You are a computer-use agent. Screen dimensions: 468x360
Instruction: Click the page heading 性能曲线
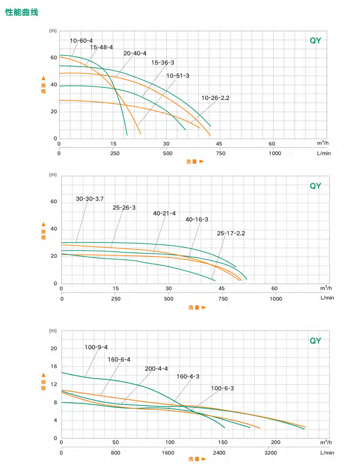click(22, 12)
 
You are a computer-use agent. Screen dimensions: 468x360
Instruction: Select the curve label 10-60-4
click(81, 41)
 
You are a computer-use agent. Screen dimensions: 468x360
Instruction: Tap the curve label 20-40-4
click(135, 53)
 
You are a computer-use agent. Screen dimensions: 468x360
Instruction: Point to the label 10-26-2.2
click(215, 98)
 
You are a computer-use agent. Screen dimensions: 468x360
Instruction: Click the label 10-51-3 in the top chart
click(178, 76)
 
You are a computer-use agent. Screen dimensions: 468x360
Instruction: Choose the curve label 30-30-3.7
click(90, 198)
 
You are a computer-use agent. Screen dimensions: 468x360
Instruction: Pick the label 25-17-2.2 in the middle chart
click(231, 233)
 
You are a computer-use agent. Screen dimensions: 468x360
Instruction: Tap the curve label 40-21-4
click(164, 213)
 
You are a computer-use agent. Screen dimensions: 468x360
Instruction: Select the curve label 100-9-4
click(96, 347)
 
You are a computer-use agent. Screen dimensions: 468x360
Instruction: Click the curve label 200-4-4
click(156, 369)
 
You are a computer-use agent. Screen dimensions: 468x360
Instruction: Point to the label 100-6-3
click(222, 388)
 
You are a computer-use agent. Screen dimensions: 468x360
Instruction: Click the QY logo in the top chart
click(315, 41)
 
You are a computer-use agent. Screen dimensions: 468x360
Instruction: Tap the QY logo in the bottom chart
click(315, 341)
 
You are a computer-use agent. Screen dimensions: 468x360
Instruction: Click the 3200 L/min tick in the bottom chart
click(270, 453)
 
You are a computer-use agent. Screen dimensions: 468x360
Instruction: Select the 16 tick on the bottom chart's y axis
click(54, 366)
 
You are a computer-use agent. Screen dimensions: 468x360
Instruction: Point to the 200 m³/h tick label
click(276, 442)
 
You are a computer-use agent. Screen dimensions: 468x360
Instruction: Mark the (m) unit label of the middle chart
click(53, 174)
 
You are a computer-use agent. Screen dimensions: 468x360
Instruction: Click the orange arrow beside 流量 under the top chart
click(202, 161)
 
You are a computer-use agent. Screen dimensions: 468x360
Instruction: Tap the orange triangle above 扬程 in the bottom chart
click(43, 375)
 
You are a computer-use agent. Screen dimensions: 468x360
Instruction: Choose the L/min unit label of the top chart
click(324, 153)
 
